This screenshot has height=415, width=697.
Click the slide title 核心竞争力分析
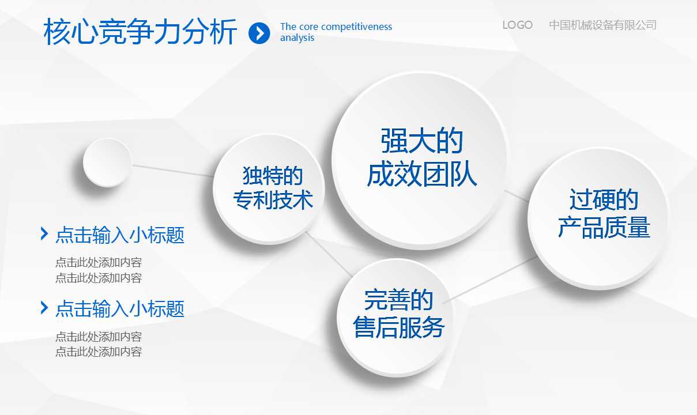[140, 32]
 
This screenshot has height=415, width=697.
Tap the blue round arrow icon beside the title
[259, 33]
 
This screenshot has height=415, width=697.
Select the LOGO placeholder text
[517, 25]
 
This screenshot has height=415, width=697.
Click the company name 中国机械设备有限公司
[602, 25]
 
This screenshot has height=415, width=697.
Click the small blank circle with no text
[107, 162]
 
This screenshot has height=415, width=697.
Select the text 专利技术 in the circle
[273, 199]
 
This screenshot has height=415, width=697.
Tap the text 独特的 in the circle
[273, 176]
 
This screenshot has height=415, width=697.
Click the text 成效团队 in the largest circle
[421, 173]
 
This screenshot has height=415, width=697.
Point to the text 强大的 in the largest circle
[421, 141]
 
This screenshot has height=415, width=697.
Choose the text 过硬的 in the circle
[604, 199]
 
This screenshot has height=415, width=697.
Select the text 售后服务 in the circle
[398, 327]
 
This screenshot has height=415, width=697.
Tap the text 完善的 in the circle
[398, 300]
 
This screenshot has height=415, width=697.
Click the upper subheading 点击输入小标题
[120, 235]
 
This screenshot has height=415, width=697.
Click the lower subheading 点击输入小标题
[120, 309]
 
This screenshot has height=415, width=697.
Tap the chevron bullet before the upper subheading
[44, 233]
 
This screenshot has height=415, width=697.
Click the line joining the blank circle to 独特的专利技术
[173, 171]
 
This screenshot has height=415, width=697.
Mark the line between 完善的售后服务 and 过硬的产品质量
[490, 280]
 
